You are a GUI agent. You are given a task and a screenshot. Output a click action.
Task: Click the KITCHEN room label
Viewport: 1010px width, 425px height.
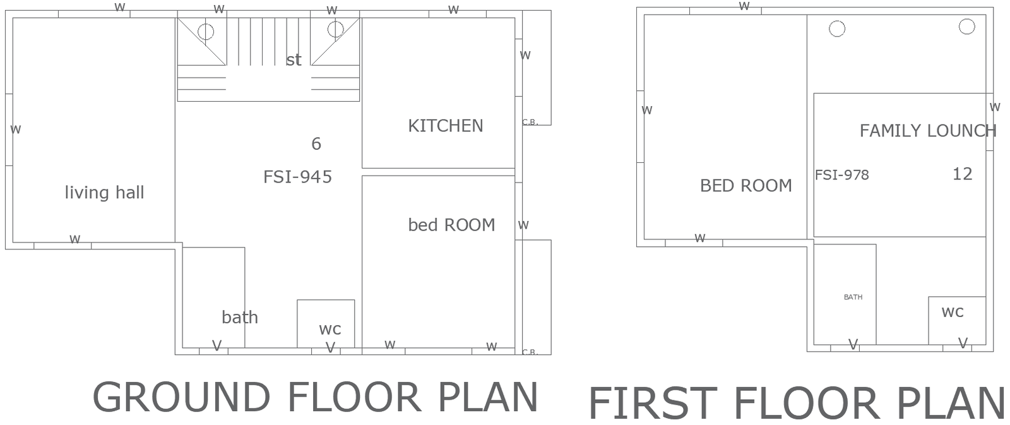click(445, 126)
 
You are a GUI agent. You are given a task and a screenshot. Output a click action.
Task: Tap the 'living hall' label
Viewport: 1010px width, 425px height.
click(104, 193)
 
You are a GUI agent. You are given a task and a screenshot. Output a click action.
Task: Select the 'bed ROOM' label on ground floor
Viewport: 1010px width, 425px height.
click(451, 225)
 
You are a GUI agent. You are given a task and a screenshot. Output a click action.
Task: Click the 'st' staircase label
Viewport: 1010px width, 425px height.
click(294, 60)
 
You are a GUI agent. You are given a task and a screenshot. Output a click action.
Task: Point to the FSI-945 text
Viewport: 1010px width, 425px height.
click(297, 177)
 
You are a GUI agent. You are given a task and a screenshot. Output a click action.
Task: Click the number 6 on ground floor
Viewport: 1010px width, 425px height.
click(316, 144)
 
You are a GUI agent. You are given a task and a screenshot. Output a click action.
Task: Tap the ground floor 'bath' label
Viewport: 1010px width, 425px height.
click(240, 317)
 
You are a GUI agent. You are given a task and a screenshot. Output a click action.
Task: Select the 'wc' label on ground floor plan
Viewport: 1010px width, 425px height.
click(330, 329)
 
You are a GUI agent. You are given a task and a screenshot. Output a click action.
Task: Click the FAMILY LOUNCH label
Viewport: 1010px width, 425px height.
click(927, 131)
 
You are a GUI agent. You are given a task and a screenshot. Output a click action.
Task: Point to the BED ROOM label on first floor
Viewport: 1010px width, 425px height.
click(746, 186)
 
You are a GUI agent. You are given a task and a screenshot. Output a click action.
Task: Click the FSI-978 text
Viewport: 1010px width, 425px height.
click(841, 175)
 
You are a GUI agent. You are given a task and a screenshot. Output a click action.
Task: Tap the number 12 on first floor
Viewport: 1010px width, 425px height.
click(962, 174)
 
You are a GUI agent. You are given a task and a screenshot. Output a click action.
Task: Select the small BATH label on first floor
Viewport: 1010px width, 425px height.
click(853, 297)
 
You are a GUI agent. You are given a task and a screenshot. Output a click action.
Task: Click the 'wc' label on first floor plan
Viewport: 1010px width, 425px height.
click(952, 311)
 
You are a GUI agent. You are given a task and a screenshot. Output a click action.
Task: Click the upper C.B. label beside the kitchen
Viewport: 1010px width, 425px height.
click(530, 123)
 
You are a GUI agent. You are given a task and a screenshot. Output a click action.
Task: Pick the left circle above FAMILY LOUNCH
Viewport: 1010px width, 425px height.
click(837, 28)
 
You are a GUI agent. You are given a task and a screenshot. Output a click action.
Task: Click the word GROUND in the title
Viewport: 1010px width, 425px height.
click(181, 397)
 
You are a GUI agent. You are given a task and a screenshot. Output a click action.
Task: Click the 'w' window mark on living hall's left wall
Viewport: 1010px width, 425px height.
click(16, 129)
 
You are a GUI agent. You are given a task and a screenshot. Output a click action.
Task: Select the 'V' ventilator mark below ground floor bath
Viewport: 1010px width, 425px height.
click(217, 345)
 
